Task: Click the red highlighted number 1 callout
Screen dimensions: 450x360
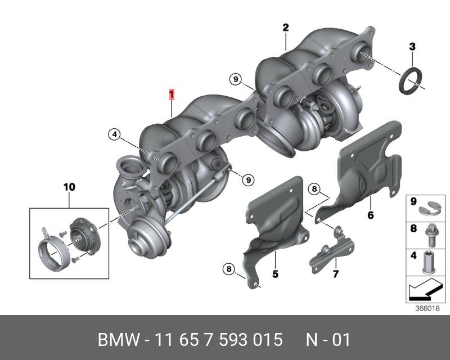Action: tap(172, 94)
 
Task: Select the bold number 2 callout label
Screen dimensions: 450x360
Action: tap(286, 28)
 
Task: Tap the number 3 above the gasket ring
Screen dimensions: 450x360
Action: tap(412, 47)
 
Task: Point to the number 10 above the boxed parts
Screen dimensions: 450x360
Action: tap(69, 187)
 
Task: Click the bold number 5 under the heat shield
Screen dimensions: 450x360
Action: tap(275, 274)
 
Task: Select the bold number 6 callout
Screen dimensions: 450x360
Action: tap(371, 215)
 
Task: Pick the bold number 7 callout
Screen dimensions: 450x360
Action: tap(335, 274)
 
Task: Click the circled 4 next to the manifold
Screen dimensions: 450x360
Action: tap(115, 134)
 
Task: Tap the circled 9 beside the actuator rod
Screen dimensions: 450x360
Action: tap(248, 180)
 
